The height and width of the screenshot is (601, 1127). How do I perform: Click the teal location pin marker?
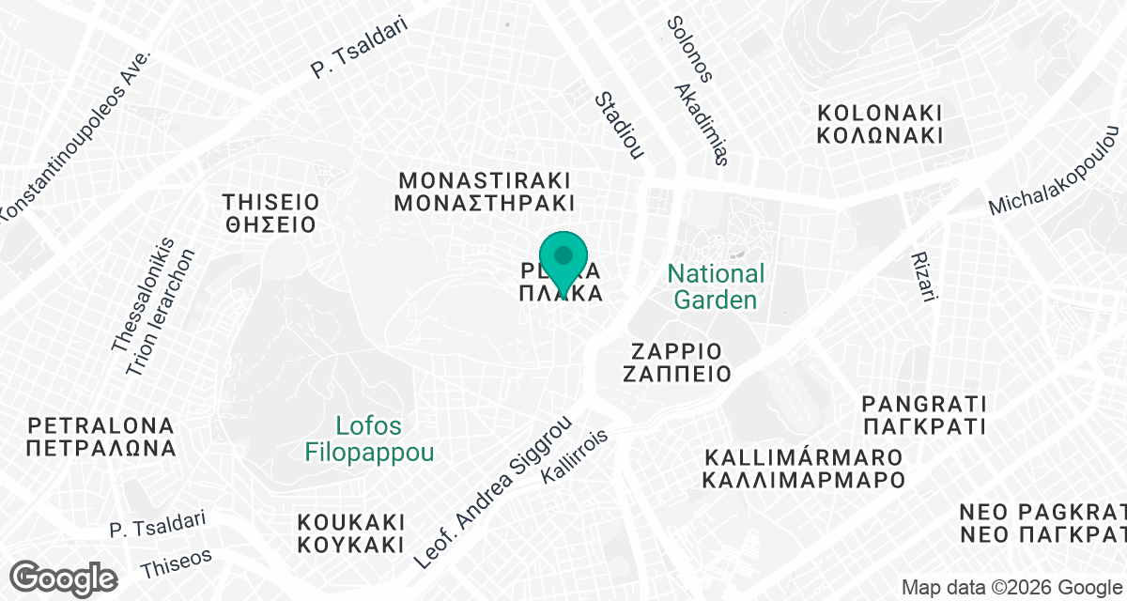(563, 259)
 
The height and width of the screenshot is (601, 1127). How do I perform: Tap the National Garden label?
(716, 287)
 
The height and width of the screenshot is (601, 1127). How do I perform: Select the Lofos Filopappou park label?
(370, 439)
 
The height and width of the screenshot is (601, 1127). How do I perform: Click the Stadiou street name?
(619, 126)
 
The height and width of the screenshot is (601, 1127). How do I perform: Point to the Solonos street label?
(690, 49)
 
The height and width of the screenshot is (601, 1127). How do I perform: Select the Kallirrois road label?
(575, 457)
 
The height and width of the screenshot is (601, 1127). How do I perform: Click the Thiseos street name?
(176, 563)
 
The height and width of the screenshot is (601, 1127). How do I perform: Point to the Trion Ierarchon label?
(161, 313)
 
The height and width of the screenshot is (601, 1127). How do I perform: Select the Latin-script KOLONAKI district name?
(879, 113)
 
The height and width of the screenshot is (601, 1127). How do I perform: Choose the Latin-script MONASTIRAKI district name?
(485, 179)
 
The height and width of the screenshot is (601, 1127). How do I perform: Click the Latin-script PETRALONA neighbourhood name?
(101, 424)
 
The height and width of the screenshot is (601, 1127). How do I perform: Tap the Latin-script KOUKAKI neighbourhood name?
(350, 522)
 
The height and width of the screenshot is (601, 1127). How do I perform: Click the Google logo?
(64, 577)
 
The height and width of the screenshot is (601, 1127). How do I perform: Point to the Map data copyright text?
(1012, 588)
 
